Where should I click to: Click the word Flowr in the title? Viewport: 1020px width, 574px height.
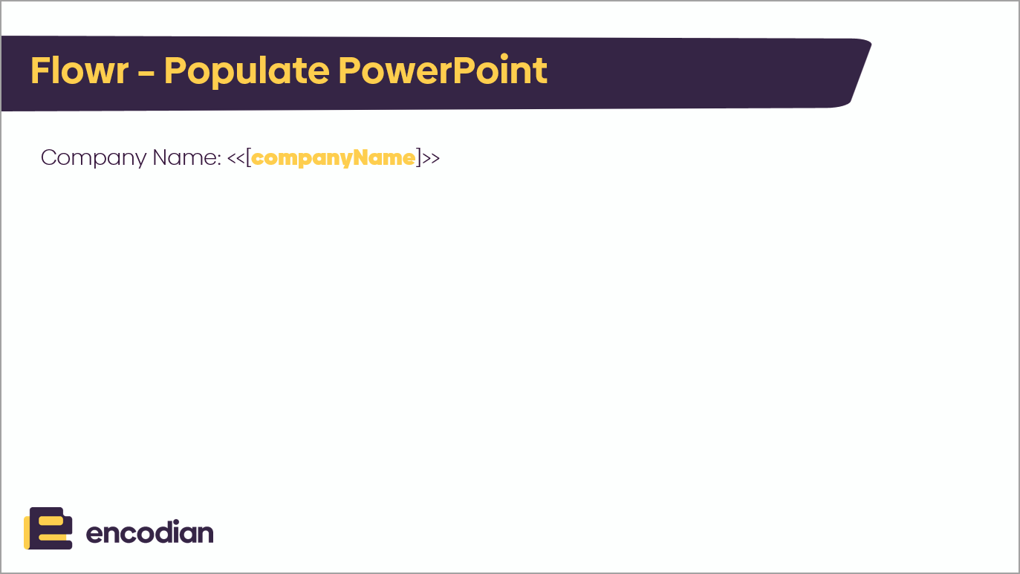pos(79,71)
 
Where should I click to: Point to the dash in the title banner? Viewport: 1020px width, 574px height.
pos(146,72)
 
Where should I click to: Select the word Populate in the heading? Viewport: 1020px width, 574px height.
pos(247,71)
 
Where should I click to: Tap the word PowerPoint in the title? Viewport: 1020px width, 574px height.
pos(443,71)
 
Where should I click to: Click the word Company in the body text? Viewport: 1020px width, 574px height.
pos(94,158)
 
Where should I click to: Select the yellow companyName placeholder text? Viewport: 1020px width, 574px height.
pos(334,158)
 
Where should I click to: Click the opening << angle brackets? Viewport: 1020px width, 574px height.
pos(236,158)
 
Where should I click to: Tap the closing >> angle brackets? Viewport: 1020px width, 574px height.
pos(431,158)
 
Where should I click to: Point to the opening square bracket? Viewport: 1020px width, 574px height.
pos(248,158)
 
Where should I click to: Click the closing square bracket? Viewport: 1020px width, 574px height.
pos(418,158)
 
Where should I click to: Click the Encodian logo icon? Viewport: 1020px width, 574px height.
pos(48,529)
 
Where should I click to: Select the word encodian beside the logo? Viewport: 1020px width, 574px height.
pos(150,532)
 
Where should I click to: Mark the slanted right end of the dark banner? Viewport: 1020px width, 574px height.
pos(860,74)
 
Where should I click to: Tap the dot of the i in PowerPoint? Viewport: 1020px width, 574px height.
pos(504,57)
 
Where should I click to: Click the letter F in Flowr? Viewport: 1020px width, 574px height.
pos(40,71)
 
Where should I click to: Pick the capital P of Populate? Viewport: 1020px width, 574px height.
pos(175,71)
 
